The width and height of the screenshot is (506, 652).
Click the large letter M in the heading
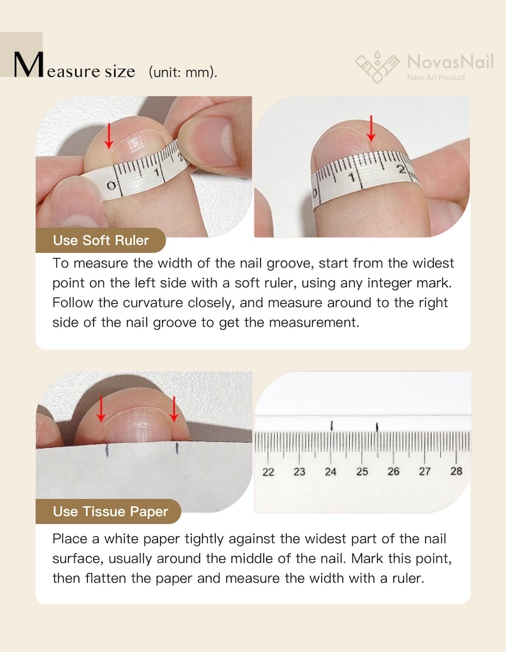(28, 64)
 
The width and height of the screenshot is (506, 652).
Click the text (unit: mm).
(183, 73)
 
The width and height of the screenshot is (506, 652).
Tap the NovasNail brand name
(451, 62)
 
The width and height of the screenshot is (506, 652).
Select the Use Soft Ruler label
(101, 240)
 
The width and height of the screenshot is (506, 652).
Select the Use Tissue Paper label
(110, 511)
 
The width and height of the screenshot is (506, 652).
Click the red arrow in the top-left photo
(109, 136)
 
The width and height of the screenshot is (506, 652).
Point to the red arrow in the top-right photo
(371, 129)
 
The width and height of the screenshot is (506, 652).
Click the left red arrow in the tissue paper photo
(101, 409)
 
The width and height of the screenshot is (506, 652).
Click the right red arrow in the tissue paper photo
(174, 409)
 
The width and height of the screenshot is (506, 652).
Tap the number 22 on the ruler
(268, 472)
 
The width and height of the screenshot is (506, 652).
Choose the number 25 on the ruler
(362, 472)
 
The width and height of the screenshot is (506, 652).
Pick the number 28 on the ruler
(456, 471)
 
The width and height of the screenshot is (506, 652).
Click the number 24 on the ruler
(331, 472)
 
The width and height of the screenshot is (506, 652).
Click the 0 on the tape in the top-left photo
(111, 186)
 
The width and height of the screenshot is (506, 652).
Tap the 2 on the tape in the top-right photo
(401, 169)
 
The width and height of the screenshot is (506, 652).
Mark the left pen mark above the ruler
(331, 425)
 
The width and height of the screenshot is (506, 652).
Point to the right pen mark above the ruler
(377, 427)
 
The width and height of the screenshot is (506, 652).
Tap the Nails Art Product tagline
(436, 77)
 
